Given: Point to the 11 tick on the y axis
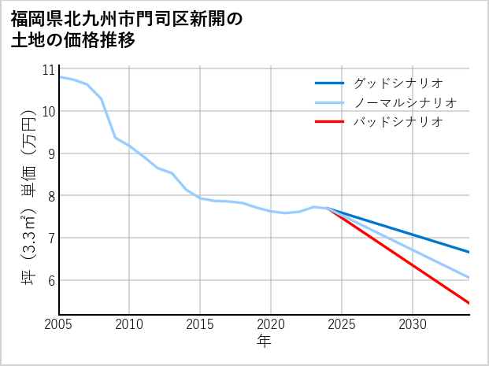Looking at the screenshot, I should click(x=48, y=69).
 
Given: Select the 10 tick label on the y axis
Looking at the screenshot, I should click(x=48, y=112).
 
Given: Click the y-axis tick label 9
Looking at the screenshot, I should click(x=50, y=153).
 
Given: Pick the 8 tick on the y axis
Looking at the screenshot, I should click(x=50, y=196).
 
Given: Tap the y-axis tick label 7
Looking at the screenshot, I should click(x=50, y=238).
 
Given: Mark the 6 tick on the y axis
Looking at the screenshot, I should click(x=50, y=280).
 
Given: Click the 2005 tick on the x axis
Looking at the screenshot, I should click(x=58, y=324).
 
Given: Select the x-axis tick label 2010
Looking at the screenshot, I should click(x=129, y=324).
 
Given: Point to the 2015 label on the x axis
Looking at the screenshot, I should click(x=200, y=324).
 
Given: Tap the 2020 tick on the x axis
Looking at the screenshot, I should click(x=271, y=324).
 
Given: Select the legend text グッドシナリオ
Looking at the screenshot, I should click(x=398, y=83).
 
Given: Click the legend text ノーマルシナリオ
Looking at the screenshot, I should click(x=406, y=102).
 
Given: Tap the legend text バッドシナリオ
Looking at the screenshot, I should click(x=398, y=122).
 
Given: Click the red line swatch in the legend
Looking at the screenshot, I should click(x=329, y=122).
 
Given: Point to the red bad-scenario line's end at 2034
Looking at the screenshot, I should click(x=469, y=303).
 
